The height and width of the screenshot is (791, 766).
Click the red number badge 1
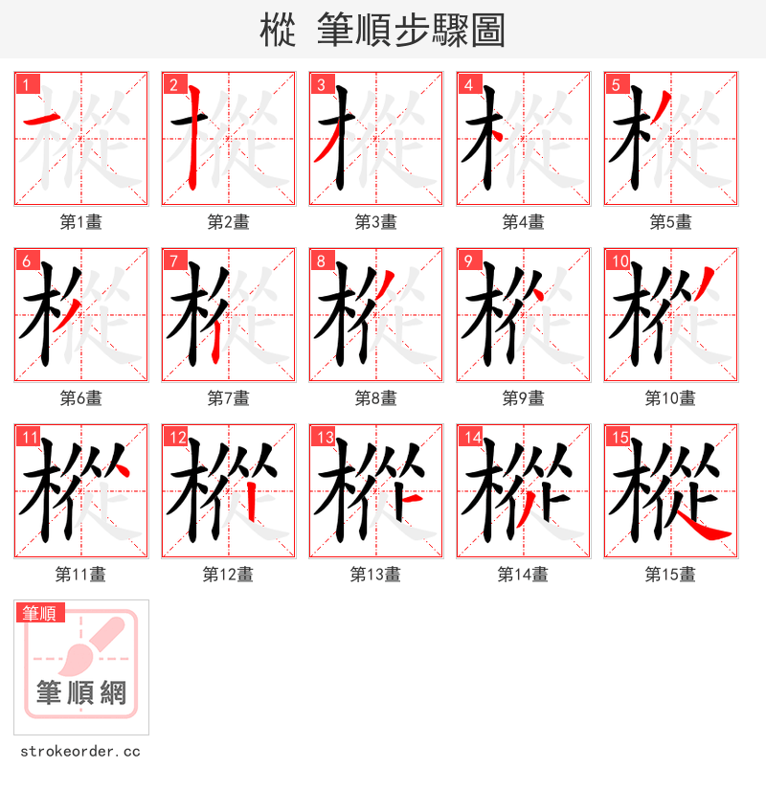(x=27, y=84)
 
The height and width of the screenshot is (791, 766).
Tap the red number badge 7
(x=174, y=260)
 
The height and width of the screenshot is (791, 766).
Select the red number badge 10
(x=619, y=260)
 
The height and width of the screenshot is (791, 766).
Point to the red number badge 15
(x=619, y=437)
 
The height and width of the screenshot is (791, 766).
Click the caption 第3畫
(x=375, y=222)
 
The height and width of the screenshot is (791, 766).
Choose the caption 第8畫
(x=375, y=398)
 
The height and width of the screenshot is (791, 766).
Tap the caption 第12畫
(x=228, y=575)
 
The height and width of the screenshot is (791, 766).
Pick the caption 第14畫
(x=523, y=575)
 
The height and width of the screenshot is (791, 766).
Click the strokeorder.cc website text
(x=80, y=752)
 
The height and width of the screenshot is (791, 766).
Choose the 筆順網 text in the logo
(x=81, y=691)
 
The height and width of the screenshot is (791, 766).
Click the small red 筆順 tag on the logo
(x=40, y=613)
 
